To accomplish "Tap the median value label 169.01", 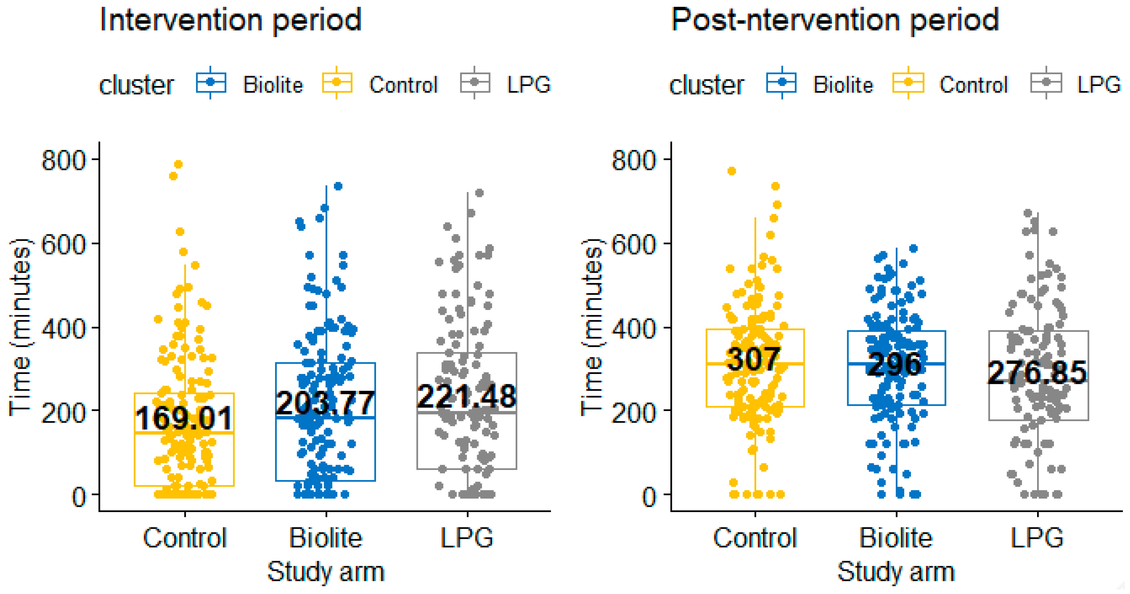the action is pyautogui.click(x=184, y=418).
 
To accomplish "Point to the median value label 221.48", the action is pyautogui.click(x=466, y=396).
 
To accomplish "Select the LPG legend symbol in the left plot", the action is pyautogui.click(x=475, y=82).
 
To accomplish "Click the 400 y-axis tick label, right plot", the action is pyautogui.click(x=634, y=328).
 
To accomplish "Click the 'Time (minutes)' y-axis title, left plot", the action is pyautogui.click(x=20, y=327).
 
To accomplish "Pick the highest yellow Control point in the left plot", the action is pyautogui.click(x=179, y=164).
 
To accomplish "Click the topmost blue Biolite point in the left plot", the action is pyautogui.click(x=338, y=186).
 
